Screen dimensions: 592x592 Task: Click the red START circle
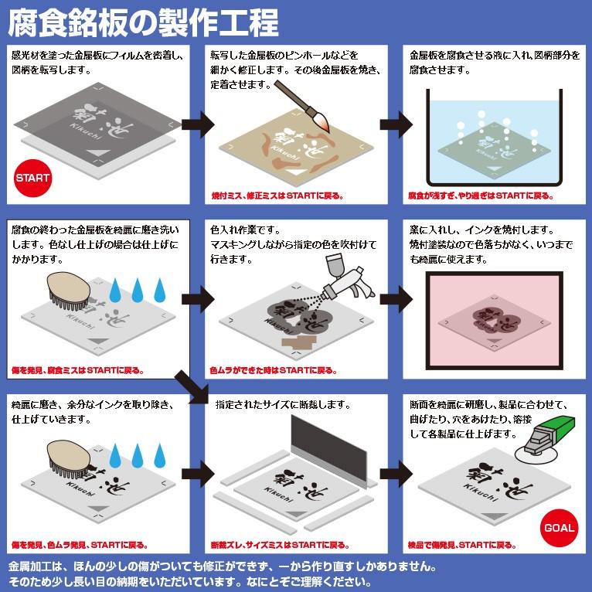pos(32,178)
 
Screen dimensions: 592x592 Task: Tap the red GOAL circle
pos(559,529)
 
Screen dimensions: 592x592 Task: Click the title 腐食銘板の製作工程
pos(143,23)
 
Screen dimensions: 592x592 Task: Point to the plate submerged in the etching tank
pos(492,148)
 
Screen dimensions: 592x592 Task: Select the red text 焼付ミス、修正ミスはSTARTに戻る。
pos(278,196)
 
